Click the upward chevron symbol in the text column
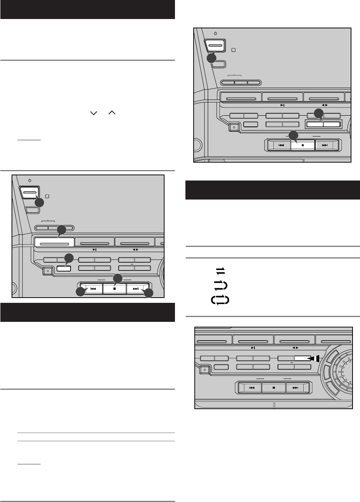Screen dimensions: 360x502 click(x=112, y=113)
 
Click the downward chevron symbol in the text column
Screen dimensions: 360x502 click(x=93, y=113)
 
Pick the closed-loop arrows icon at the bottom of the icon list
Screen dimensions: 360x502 click(x=220, y=300)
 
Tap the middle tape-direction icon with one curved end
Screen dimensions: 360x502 click(x=221, y=285)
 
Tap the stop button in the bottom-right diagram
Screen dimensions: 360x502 click(x=274, y=388)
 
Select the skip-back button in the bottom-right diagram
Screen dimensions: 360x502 click(x=252, y=388)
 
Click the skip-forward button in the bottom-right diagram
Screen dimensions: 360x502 click(x=296, y=388)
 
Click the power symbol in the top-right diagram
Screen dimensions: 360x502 click(x=216, y=34)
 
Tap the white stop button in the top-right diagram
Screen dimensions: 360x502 click(x=303, y=145)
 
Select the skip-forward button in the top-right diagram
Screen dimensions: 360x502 click(x=325, y=145)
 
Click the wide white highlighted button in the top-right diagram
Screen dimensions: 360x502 click(x=323, y=125)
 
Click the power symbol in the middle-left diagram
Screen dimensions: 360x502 click(x=29, y=181)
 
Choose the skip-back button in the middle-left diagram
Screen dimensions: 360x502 click(x=93, y=289)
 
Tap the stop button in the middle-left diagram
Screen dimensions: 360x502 click(x=115, y=289)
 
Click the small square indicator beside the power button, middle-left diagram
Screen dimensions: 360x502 click(x=47, y=196)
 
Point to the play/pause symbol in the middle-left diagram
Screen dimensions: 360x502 click(x=95, y=250)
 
